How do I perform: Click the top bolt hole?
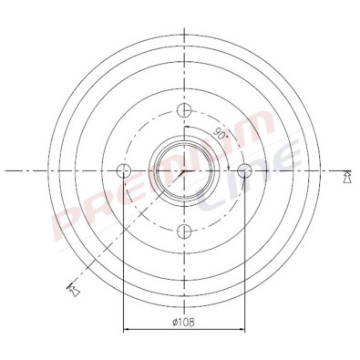(184, 110)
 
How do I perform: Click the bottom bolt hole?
(184, 231)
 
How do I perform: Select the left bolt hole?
(123, 170)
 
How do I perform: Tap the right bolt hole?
(244, 170)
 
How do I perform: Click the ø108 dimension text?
(183, 322)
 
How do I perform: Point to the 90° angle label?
(221, 133)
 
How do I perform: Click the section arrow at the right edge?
(346, 177)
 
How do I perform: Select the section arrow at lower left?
(73, 290)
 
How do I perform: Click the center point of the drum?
(184, 170)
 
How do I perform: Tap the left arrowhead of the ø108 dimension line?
(127, 329)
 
